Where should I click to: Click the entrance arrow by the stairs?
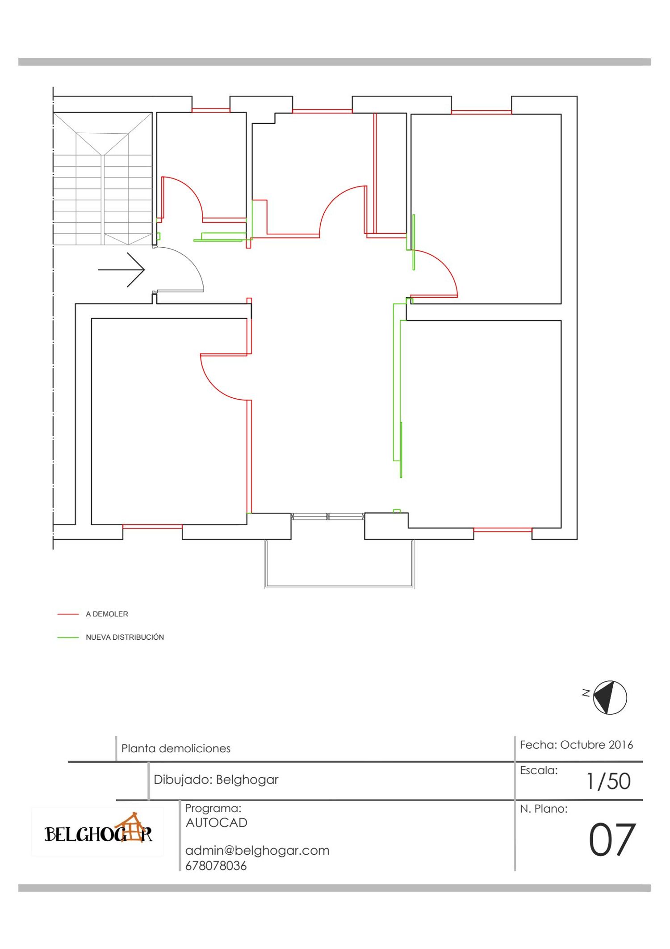pyautogui.click(x=121, y=270)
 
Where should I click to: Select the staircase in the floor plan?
pyautogui.click(x=103, y=178)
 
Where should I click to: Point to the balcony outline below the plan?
pyautogui.click(x=339, y=564)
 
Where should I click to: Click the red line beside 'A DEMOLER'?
pyautogui.click(x=68, y=614)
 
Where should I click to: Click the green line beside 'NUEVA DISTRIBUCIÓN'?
pyautogui.click(x=68, y=637)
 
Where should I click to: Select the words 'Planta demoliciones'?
pyautogui.click(x=176, y=748)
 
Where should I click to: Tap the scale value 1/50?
pyautogui.click(x=608, y=781)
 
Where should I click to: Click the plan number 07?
pyautogui.click(x=612, y=840)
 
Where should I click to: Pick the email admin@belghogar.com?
pyautogui.click(x=257, y=850)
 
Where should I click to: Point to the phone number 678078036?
pyautogui.click(x=216, y=866)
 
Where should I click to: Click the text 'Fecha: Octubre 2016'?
pyautogui.click(x=576, y=745)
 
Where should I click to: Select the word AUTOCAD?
pyautogui.click(x=217, y=822)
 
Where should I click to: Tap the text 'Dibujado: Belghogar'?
pyautogui.click(x=216, y=780)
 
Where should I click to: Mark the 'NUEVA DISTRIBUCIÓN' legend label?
pyautogui.click(x=125, y=637)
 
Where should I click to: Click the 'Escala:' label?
pyautogui.click(x=539, y=770)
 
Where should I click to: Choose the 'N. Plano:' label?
pyautogui.click(x=544, y=809)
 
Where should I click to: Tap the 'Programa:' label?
pyautogui.click(x=213, y=808)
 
